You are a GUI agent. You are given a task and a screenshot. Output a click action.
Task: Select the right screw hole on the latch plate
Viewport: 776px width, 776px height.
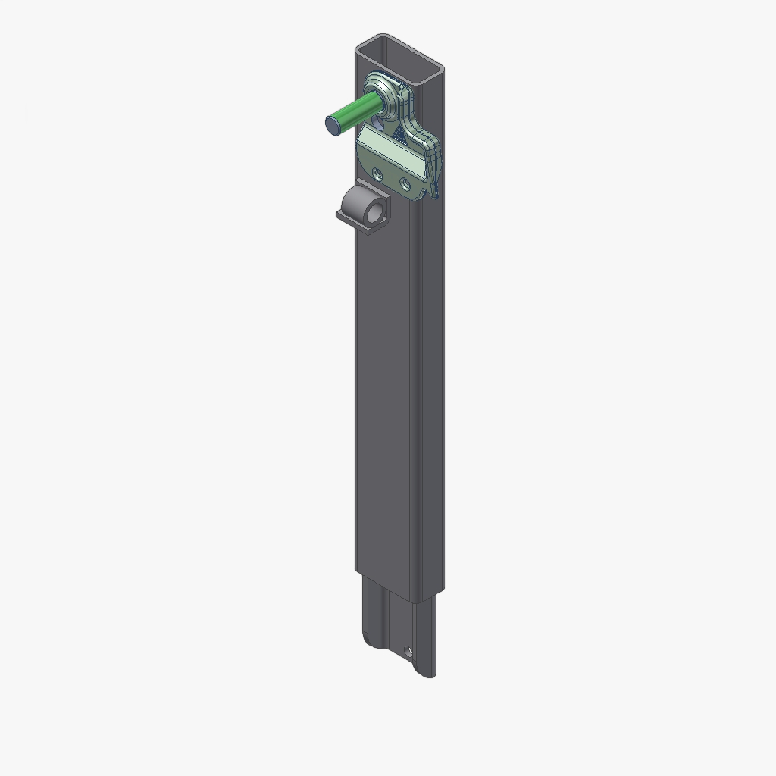tap(405, 183)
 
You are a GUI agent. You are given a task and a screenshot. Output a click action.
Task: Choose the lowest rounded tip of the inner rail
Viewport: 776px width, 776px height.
tap(429, 674)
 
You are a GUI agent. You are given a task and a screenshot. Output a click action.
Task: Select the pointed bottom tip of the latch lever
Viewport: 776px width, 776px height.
tap(434, 198)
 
